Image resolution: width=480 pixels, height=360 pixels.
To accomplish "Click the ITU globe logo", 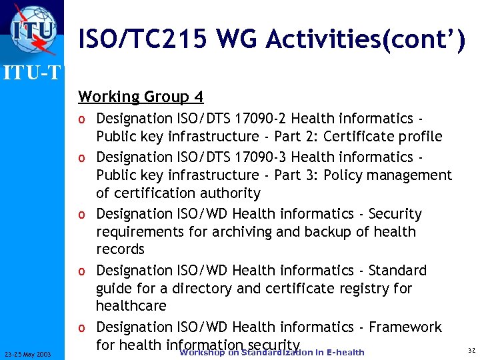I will point(32,29).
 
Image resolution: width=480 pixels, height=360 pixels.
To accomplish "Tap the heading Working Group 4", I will point(141,97).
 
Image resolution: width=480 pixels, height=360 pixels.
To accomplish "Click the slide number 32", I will point(471,351).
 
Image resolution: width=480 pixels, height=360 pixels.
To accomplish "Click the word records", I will point(120,249).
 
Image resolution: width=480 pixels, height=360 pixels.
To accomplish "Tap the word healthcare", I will point(131,306).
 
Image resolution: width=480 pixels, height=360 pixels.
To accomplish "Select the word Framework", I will point(405,327).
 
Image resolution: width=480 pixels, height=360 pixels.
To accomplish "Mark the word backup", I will point(338,232).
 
